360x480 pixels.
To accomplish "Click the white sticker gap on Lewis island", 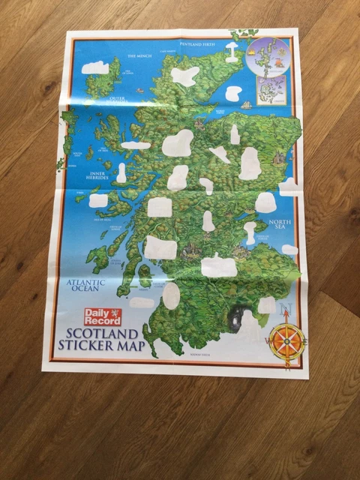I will tap(95, 67).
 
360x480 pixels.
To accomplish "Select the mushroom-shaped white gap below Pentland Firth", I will tap(232, 51).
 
